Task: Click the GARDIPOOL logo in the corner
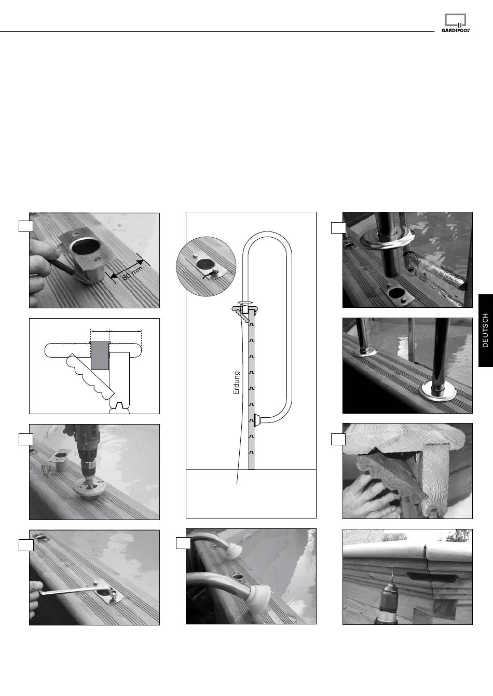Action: (456, 23)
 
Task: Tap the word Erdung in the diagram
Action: (237, 383)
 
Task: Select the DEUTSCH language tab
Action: (486, 330)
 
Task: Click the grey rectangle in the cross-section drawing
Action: (100, 356)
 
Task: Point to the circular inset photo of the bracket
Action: (206, 266)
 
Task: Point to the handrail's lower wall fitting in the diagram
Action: (258, 420)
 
